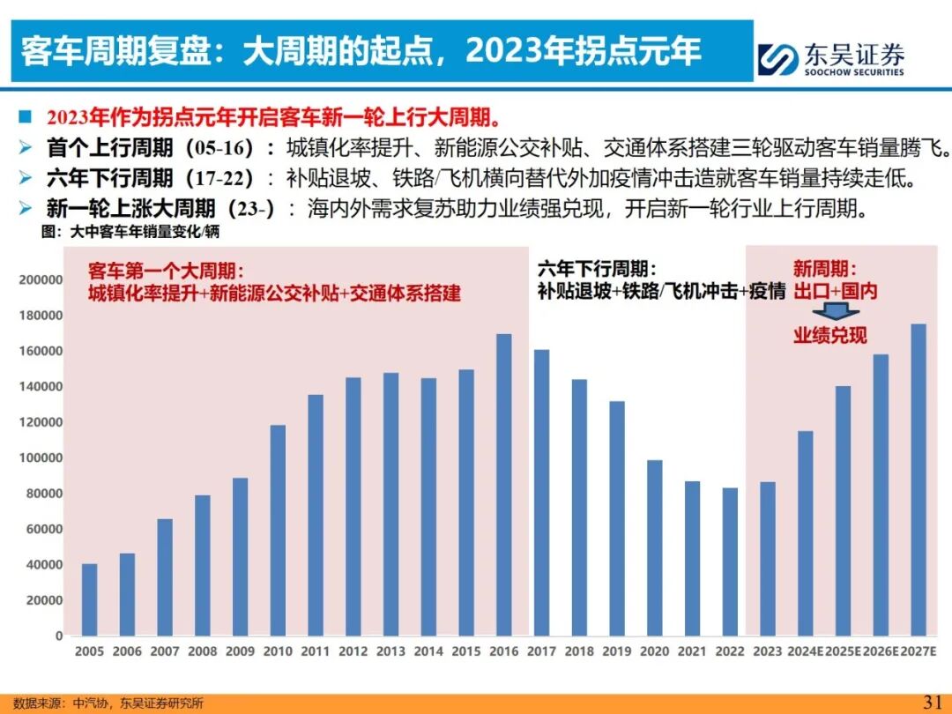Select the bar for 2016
click(x=503, y=484)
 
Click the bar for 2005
click(x=89, y=599)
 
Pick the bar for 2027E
click(x=919, y=480)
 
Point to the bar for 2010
click(x=278, y=530)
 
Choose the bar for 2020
click(x=654, y=547)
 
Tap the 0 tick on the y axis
click(x=59, y=636)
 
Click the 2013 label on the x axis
click(x=390, y=651)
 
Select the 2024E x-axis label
click(x=804, y=651)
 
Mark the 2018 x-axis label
click(x=579, y=651)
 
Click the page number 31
click(x=933, y=702)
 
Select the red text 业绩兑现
click(x=829, y=335)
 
